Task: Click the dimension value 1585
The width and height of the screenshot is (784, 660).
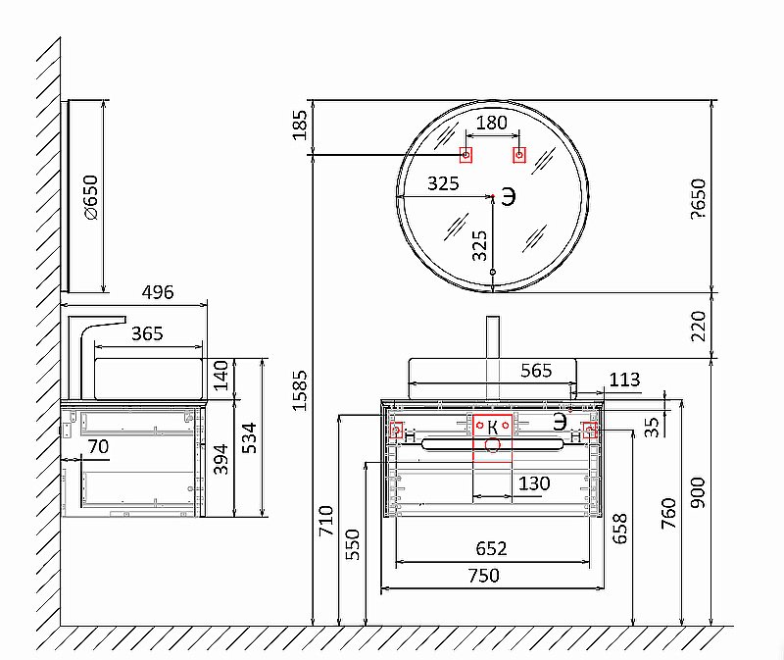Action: (300, 390)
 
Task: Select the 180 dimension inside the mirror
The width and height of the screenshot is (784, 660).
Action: (492, 123)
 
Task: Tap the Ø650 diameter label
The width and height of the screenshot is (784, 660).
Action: (91, 197)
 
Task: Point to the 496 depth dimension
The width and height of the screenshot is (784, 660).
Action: (158, 292)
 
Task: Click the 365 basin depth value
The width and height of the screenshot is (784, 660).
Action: (147, 333)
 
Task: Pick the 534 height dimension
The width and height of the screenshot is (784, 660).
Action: (249, 437)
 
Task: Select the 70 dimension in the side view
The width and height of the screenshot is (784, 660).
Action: (98, 446)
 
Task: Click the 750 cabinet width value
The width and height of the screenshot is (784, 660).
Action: (483, 576)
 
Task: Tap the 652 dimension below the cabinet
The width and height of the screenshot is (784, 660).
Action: (491, 548)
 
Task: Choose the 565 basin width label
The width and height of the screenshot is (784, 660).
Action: (536, 371)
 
